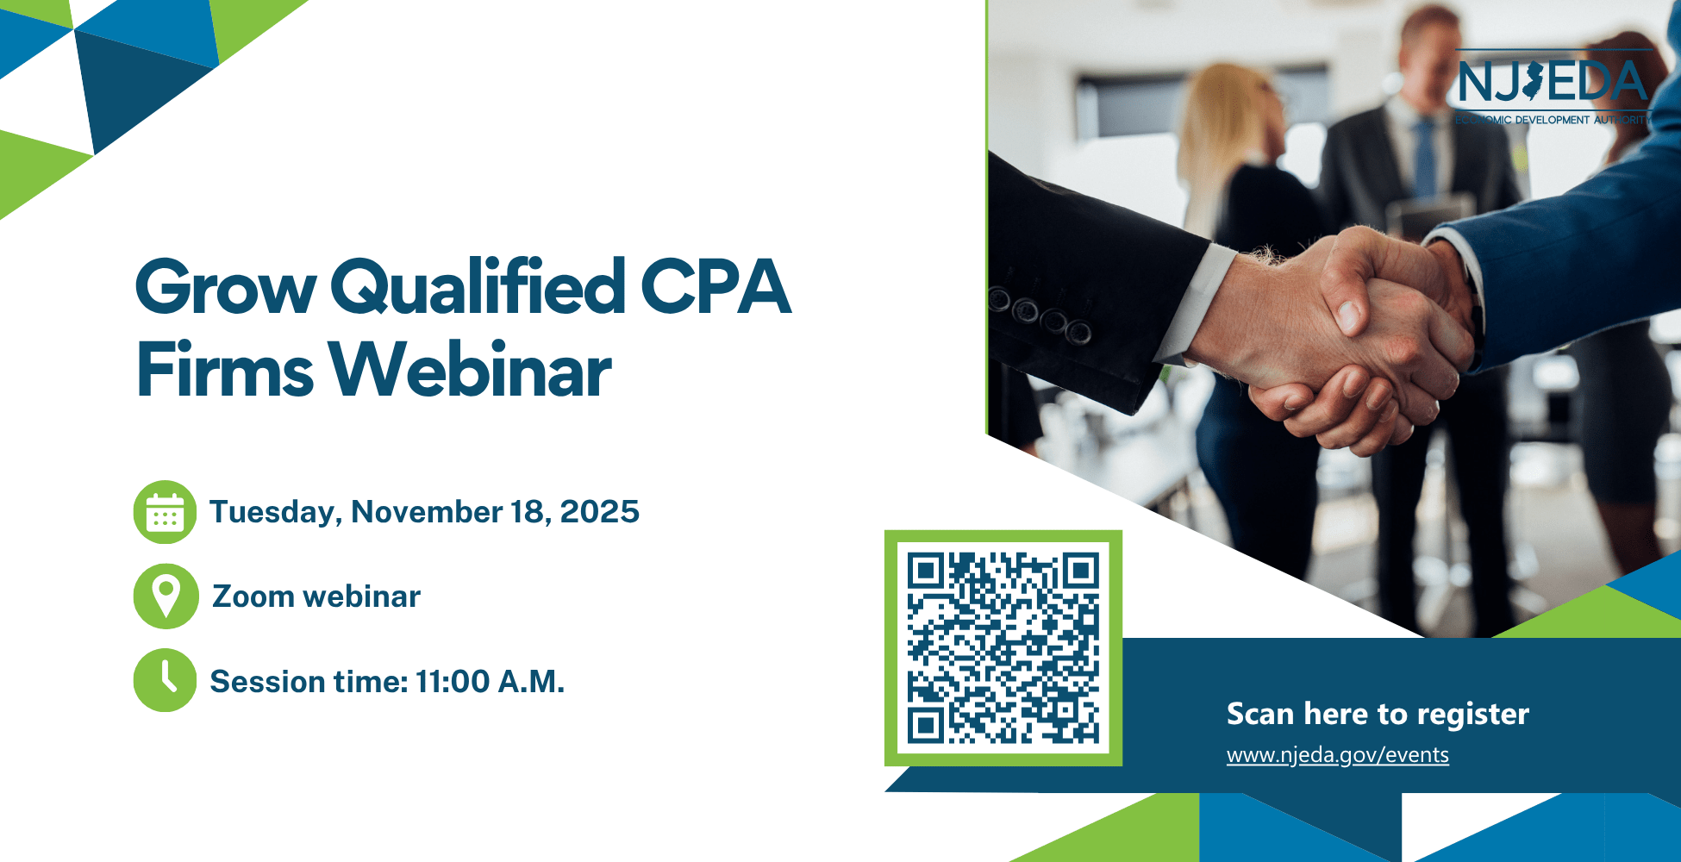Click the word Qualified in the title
pyautogui.click(x=478, y=286)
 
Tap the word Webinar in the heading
pyautogui.click(x=470, y=370)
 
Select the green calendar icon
pyautogui.click(x=165, y=512)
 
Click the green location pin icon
pyautogui.click(x=166, y=596)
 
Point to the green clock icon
pyautogui.click(x=165, y=680)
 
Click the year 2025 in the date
pyautogui.click(x=600, y=511)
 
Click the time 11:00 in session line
pyautogui.click(x=453, y=681)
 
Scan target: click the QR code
pyautogui.click(x=1003, y=648)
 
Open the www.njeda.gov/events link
pyautogui.click(x=1338, y=755)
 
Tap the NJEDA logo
pyautogui.click(x=1553, y=87)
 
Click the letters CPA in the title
pyautogui.click(x=716, y=286)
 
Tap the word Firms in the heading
pyautogui.click(x=225, y=370)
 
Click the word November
pyautogui.click(x=427, y=512)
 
